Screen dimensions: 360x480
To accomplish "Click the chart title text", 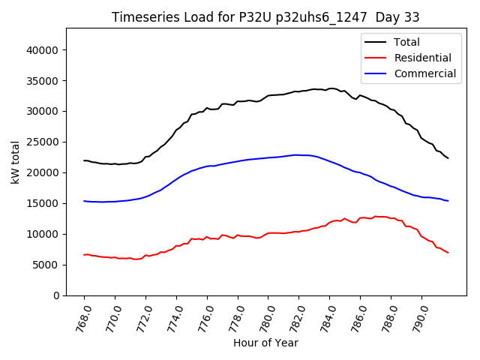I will [265, 17].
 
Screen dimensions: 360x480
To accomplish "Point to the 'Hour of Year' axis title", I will [265, 343].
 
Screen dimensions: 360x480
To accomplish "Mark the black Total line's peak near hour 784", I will [331, 88].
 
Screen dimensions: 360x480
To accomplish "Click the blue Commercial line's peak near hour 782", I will [298, 154].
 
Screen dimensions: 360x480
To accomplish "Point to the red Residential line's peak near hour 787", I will [376, 216].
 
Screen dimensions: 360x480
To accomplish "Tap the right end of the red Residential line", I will [448, 253].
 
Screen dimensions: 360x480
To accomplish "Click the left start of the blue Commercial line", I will [84, 201].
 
